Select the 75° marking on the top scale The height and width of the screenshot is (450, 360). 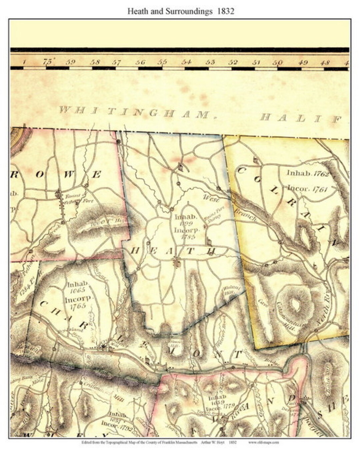[49, 62]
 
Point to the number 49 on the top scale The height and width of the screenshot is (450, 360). [303, 62]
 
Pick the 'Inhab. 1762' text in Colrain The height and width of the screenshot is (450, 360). [308, 174]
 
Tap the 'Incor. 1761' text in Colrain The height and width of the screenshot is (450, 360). [308, 189]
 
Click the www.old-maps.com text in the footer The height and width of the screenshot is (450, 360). [263, 443]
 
